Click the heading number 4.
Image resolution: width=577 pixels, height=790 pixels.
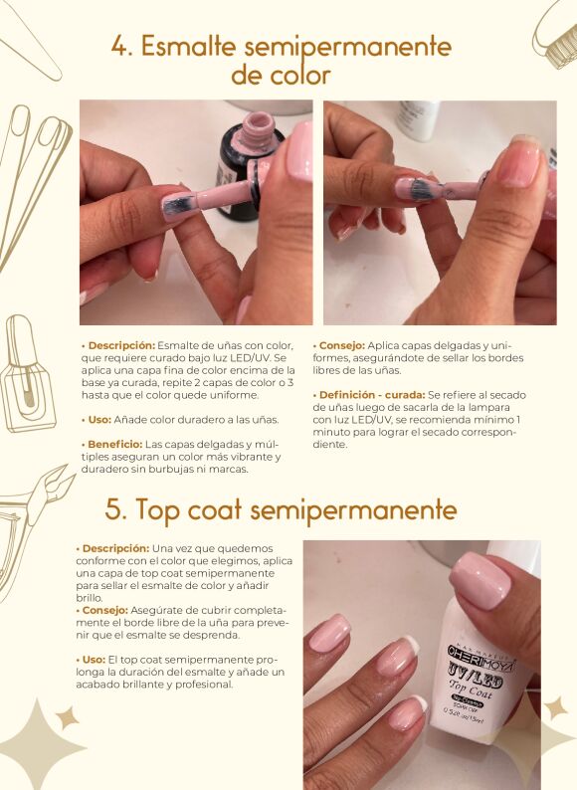click(x=121, y=47)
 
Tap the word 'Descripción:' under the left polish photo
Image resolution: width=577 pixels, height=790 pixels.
click(x=121, y=346)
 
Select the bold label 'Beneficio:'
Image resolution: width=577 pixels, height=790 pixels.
click(x=114, y=445)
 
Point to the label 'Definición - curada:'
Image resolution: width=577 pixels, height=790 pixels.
click(x=372, y=395)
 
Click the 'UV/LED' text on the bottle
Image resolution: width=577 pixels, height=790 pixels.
click(x=476, y=682)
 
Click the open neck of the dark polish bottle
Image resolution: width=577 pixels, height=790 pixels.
click(x=258, y=122)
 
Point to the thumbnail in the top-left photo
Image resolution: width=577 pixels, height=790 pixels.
click(x=299, y=151)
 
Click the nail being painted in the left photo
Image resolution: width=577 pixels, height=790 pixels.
click(x=178, y=205)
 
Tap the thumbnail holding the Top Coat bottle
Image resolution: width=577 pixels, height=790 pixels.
click(x=481, y=580)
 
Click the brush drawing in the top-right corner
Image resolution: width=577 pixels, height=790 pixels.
click(x=555, y=35)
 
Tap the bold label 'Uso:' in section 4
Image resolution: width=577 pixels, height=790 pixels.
click(x=99, y=420)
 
